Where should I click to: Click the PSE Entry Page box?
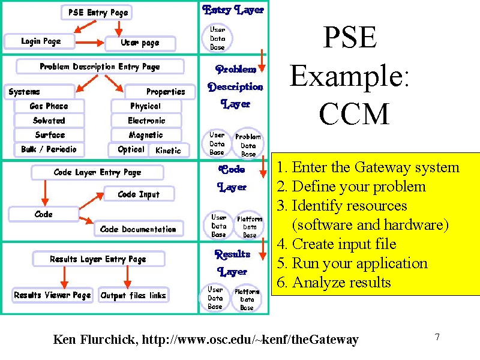[97, 13]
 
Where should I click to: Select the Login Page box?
[40, 41]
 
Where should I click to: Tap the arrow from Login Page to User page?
[89, 43]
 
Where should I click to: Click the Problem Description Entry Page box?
[100, 67]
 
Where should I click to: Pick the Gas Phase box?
[49, 106]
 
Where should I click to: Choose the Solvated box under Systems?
[49, 121]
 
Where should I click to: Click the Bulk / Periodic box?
[49, 149]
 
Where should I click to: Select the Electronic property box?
[146, 121]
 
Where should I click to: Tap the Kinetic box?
[169, 151]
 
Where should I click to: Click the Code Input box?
[139, 194]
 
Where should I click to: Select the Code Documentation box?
[139, 229]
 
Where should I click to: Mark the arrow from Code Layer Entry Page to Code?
[45, 193]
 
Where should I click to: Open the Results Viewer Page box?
[52, 295]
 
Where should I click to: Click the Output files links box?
[133, 295]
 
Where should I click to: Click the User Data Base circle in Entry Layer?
[217, 38]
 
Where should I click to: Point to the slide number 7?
[437, 337]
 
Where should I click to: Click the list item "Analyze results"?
[334, 282]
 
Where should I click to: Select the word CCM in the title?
[354, 113]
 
